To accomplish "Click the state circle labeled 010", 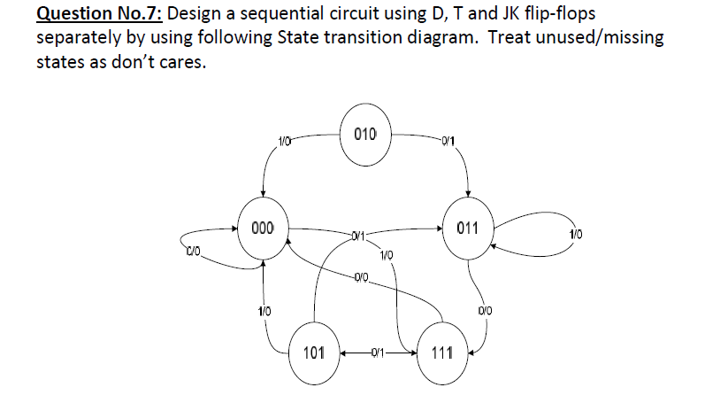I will [x=364, y=136].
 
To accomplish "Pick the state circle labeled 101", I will [x=312, y=353].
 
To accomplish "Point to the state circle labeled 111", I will [x=442, y=353].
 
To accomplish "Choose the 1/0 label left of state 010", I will [x=284, y=138].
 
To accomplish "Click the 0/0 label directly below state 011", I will [x=483, y=310].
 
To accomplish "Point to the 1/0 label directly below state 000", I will [x=264, y=310].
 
